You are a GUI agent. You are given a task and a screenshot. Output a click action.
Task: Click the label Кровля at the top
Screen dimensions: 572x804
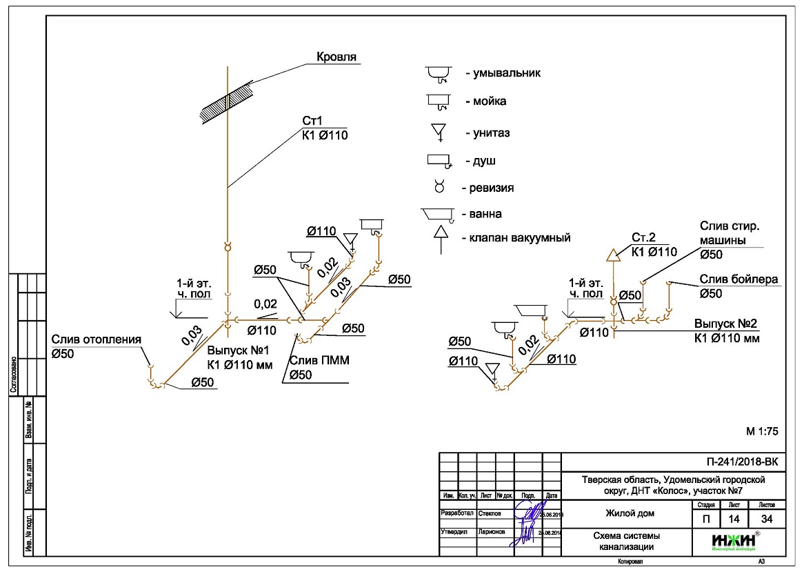pyautogui.click(x=336, y=57)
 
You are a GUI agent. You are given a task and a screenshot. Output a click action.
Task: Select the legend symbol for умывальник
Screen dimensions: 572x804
pyautogui.click(x=437, y=73)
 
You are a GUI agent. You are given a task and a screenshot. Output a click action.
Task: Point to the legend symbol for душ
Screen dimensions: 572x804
pyautogui.click(x=439, y=161)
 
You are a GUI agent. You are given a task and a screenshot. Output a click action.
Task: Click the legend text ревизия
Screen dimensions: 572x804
pyautogui.click(x=492, y=188)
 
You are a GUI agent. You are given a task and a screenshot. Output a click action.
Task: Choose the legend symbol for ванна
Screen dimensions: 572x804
pyautogui.click(x=437, y=215)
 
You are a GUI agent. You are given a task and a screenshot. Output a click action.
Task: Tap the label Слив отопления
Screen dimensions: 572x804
pyautogui.click(x=96, y=339)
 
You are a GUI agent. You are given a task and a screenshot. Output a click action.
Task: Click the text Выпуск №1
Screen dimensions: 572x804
pyautogui.click(x=238, y=351)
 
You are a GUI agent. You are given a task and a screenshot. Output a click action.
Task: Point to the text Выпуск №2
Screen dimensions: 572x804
pyautogui.click(x=725, y=324)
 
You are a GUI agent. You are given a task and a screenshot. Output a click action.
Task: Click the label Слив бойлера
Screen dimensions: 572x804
pyautogui.click(x=738, y=279)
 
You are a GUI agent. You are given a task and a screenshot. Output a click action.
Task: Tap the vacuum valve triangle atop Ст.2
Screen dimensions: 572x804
pyautogui.click(x=613, y=255)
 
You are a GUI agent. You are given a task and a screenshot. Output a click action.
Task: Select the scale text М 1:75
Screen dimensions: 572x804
pyautogui.click(x=762, y=431)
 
